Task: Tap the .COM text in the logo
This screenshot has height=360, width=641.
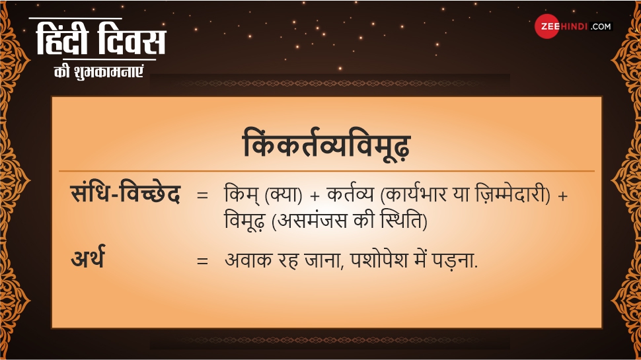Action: (x=601, y=26)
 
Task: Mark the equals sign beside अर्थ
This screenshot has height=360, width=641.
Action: (x=202, y=261)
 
